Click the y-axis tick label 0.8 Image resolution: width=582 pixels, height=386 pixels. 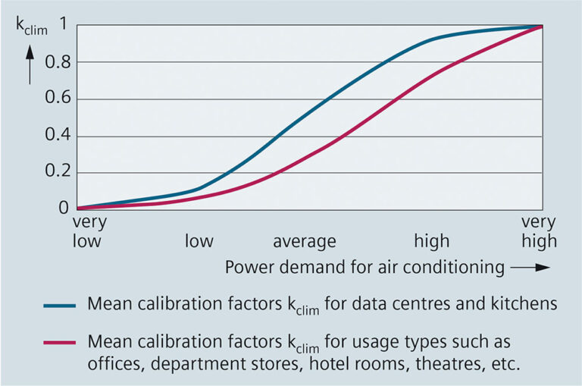(58, 61)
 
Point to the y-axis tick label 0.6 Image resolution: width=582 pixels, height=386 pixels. (58, 99)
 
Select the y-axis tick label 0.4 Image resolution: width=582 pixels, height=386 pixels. (58, 136)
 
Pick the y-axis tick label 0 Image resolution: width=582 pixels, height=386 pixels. (64, 208)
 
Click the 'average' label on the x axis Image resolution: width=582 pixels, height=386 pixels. (304, 242)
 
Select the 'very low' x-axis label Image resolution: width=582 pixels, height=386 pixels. (89, 233)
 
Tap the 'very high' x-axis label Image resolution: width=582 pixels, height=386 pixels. (538, 233)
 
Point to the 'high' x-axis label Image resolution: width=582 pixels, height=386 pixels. (431, 242)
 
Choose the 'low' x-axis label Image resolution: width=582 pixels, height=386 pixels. (199, 242)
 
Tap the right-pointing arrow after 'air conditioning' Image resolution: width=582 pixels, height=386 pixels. (530, 268)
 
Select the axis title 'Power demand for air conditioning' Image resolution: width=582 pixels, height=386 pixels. (365, 267)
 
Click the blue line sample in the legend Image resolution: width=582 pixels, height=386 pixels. (59, 306)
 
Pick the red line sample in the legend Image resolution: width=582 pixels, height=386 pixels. (59, 342)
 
